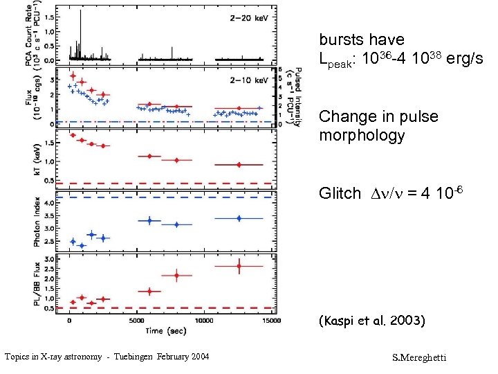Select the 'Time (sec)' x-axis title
(x=165, y=331)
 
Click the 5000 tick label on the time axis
(x=137, y=321)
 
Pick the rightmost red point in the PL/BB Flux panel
(x=239, y=266)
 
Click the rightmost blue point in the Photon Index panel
(x=239, y=218)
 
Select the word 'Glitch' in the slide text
(x=340, y=194)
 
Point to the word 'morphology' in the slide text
(x=362, y=135)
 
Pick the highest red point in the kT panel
(x=73, y=135)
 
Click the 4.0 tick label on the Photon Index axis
(x=50, y=204)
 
